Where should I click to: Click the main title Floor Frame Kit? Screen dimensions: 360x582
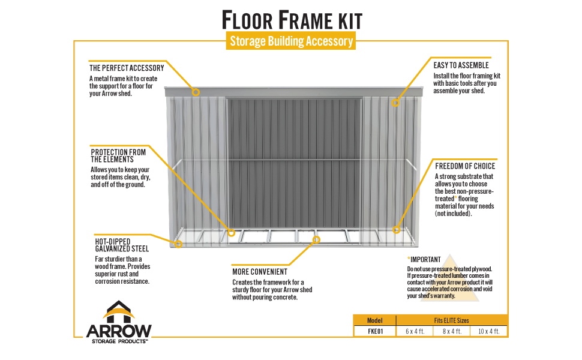coord(292,20)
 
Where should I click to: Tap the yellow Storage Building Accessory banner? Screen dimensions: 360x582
coord(292,41)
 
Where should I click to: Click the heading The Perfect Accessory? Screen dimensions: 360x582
coord(127,68)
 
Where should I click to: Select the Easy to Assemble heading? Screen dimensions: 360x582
coord(461,65)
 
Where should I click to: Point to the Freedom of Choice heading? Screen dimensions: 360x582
coord(465,166)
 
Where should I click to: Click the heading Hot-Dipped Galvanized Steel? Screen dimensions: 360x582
coord(122,245)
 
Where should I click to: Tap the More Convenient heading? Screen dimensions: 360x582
coord(260,272)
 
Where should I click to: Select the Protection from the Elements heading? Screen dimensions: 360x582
coord(118,155)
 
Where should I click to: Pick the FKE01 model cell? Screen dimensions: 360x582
coord(375,331)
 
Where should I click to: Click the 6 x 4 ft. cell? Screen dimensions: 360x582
coord(415,331)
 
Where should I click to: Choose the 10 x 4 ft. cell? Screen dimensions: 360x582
coord(489,331)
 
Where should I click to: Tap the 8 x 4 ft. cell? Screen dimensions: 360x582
coord(452,331)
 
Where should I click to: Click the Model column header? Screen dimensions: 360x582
coord(375,320)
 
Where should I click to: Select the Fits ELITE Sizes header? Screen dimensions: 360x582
coord(452,320)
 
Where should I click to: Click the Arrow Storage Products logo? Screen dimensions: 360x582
coord(119,323)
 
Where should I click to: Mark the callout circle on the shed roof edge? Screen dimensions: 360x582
coord(195,92)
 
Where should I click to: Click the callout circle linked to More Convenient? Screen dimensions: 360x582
coord(316,240)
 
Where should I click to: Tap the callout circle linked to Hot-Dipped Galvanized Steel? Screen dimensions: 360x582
coord(178,244)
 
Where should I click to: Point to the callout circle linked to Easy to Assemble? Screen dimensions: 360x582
coord(395,103)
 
